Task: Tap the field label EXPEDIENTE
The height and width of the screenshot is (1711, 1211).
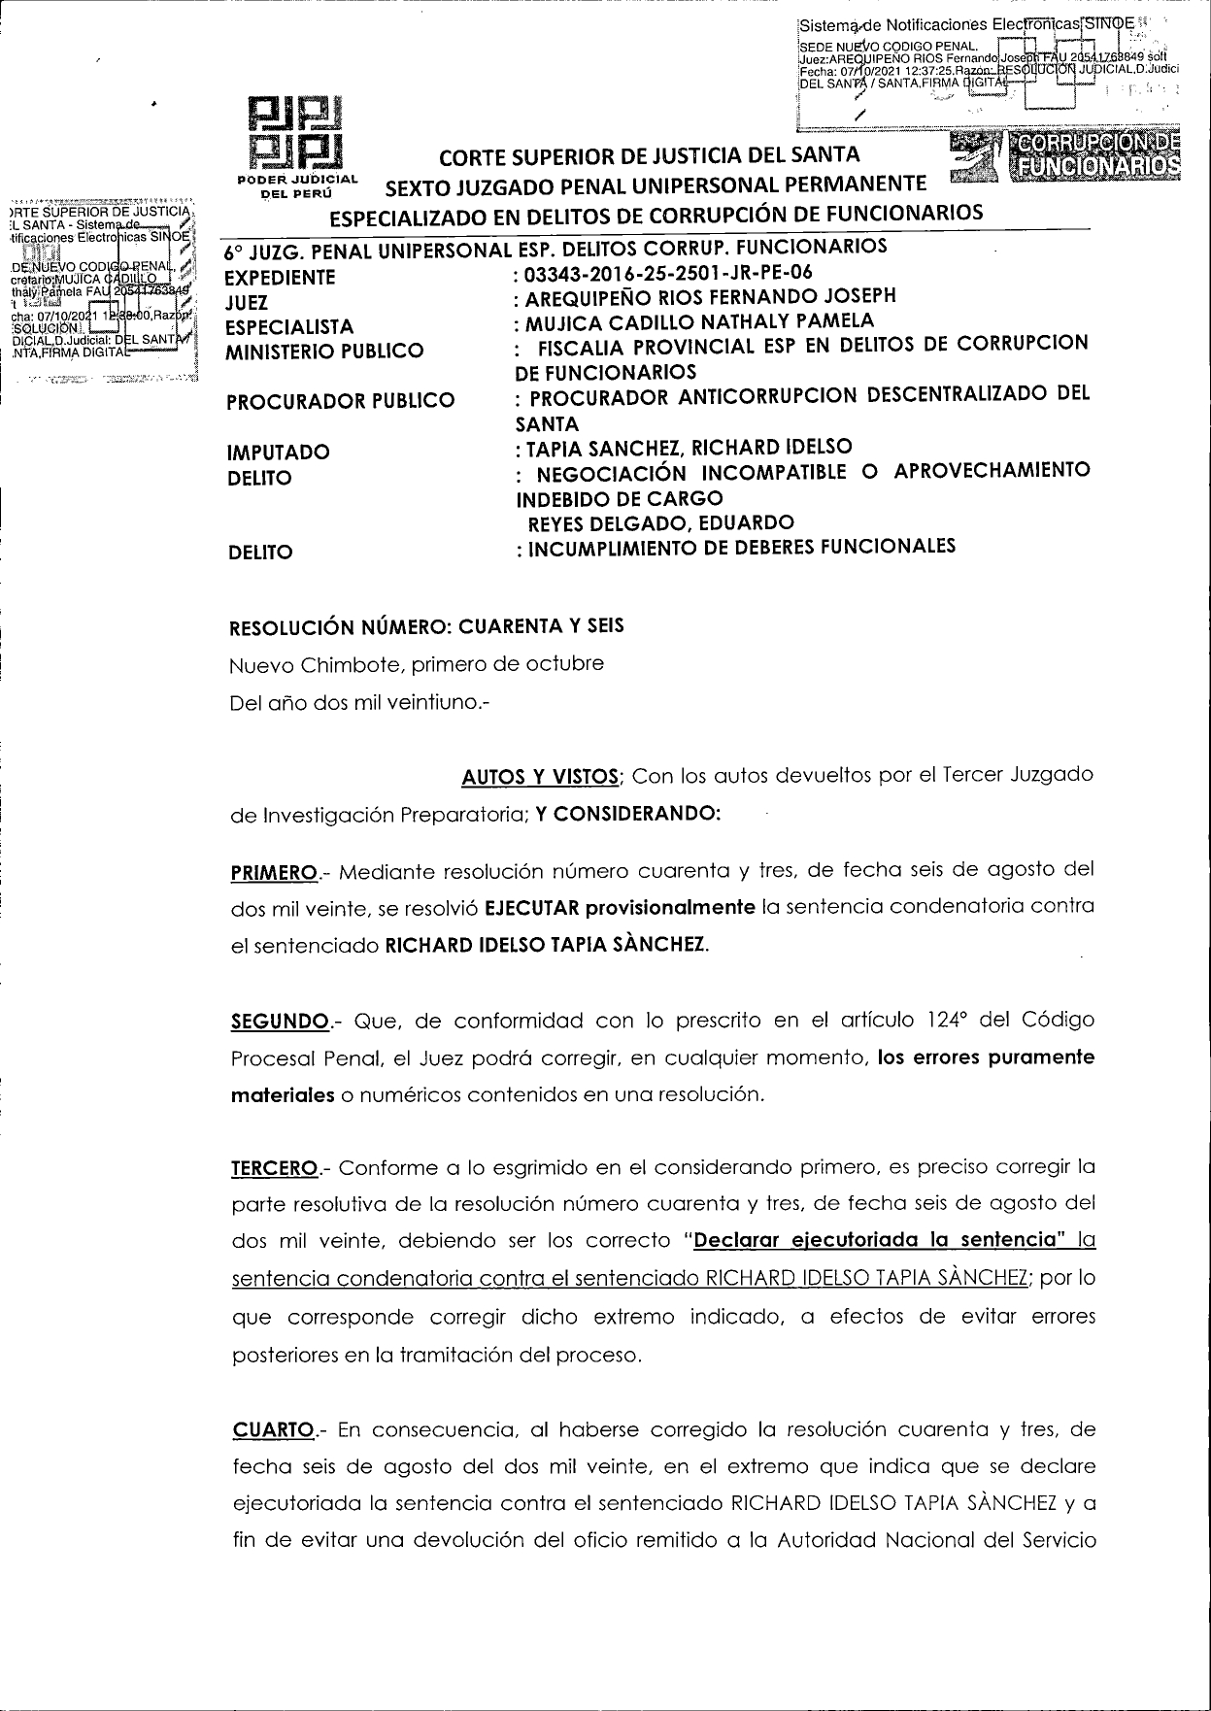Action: (281, 278)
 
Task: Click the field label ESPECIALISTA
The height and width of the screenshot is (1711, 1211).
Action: (289, 327)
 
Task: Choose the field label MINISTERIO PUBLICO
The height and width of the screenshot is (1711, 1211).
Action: (325, 352)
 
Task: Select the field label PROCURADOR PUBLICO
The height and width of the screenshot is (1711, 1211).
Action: (340, 401)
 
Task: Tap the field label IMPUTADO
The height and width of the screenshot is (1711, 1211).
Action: (278, 453)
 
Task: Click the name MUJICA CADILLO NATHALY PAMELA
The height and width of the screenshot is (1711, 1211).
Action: (698, 321)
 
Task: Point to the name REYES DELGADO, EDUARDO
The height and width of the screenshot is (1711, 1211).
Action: (660, 523)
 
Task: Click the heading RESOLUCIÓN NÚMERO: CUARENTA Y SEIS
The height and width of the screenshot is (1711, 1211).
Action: (426, 626)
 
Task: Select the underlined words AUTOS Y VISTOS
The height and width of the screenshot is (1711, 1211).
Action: (540, 777)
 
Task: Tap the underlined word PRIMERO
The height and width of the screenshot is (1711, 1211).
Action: (275, 871)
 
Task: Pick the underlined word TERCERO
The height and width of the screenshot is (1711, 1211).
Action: (275, 1167)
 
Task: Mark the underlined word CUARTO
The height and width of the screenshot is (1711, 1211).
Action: (273, 1430)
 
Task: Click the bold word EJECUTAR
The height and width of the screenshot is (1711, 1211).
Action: (532, 908)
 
